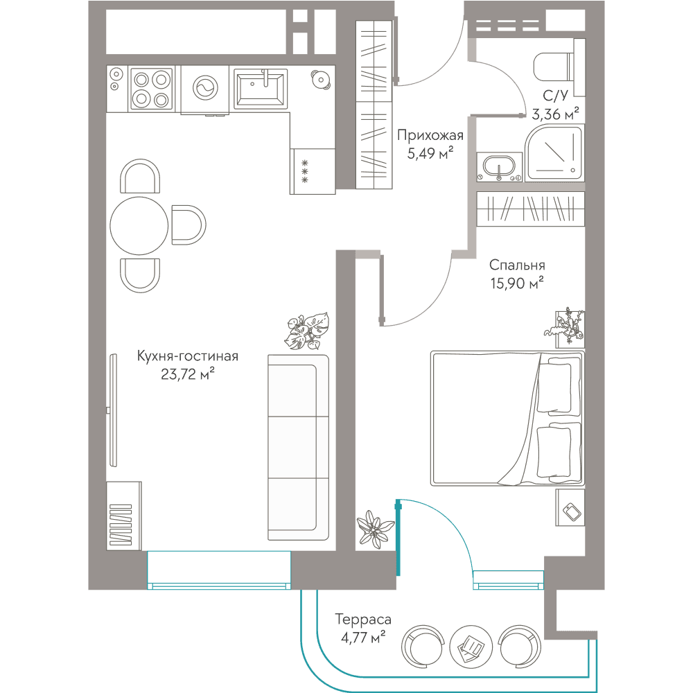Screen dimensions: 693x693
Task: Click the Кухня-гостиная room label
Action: [x=187, y=356]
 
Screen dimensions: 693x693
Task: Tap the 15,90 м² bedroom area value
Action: [x=517, y=283]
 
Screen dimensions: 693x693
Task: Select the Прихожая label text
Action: [x=430, y=135]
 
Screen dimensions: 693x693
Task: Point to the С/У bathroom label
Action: [x=555, y=96]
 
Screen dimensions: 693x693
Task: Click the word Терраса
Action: [x=363, y=620]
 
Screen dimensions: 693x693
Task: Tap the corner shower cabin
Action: [x=554, y=152]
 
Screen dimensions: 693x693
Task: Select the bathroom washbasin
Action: [x=500, y=167]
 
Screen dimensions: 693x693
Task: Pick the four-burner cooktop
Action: [x=150, y=89]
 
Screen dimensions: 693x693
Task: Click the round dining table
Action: [x=139, y=225]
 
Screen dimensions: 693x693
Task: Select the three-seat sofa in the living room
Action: [x=298, y=447]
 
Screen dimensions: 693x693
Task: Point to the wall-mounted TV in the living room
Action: [x=113, y=410]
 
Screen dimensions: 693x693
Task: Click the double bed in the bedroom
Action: [x=507, y=419]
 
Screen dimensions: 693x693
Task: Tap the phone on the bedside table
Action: [x=572, y=512]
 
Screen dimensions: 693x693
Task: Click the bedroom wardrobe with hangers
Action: [x=530, y=209]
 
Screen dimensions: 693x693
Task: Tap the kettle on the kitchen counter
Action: [x=320, y=80]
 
